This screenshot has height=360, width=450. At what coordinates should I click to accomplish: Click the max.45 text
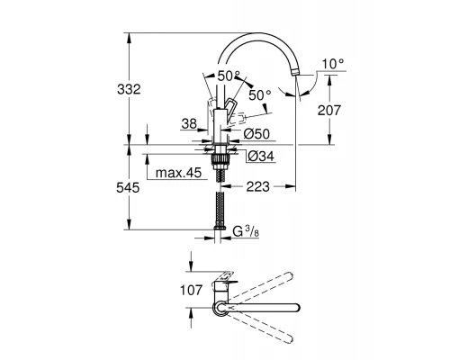pos(176,173)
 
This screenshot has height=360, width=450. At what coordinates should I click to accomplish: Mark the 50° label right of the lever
pos(261,94)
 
